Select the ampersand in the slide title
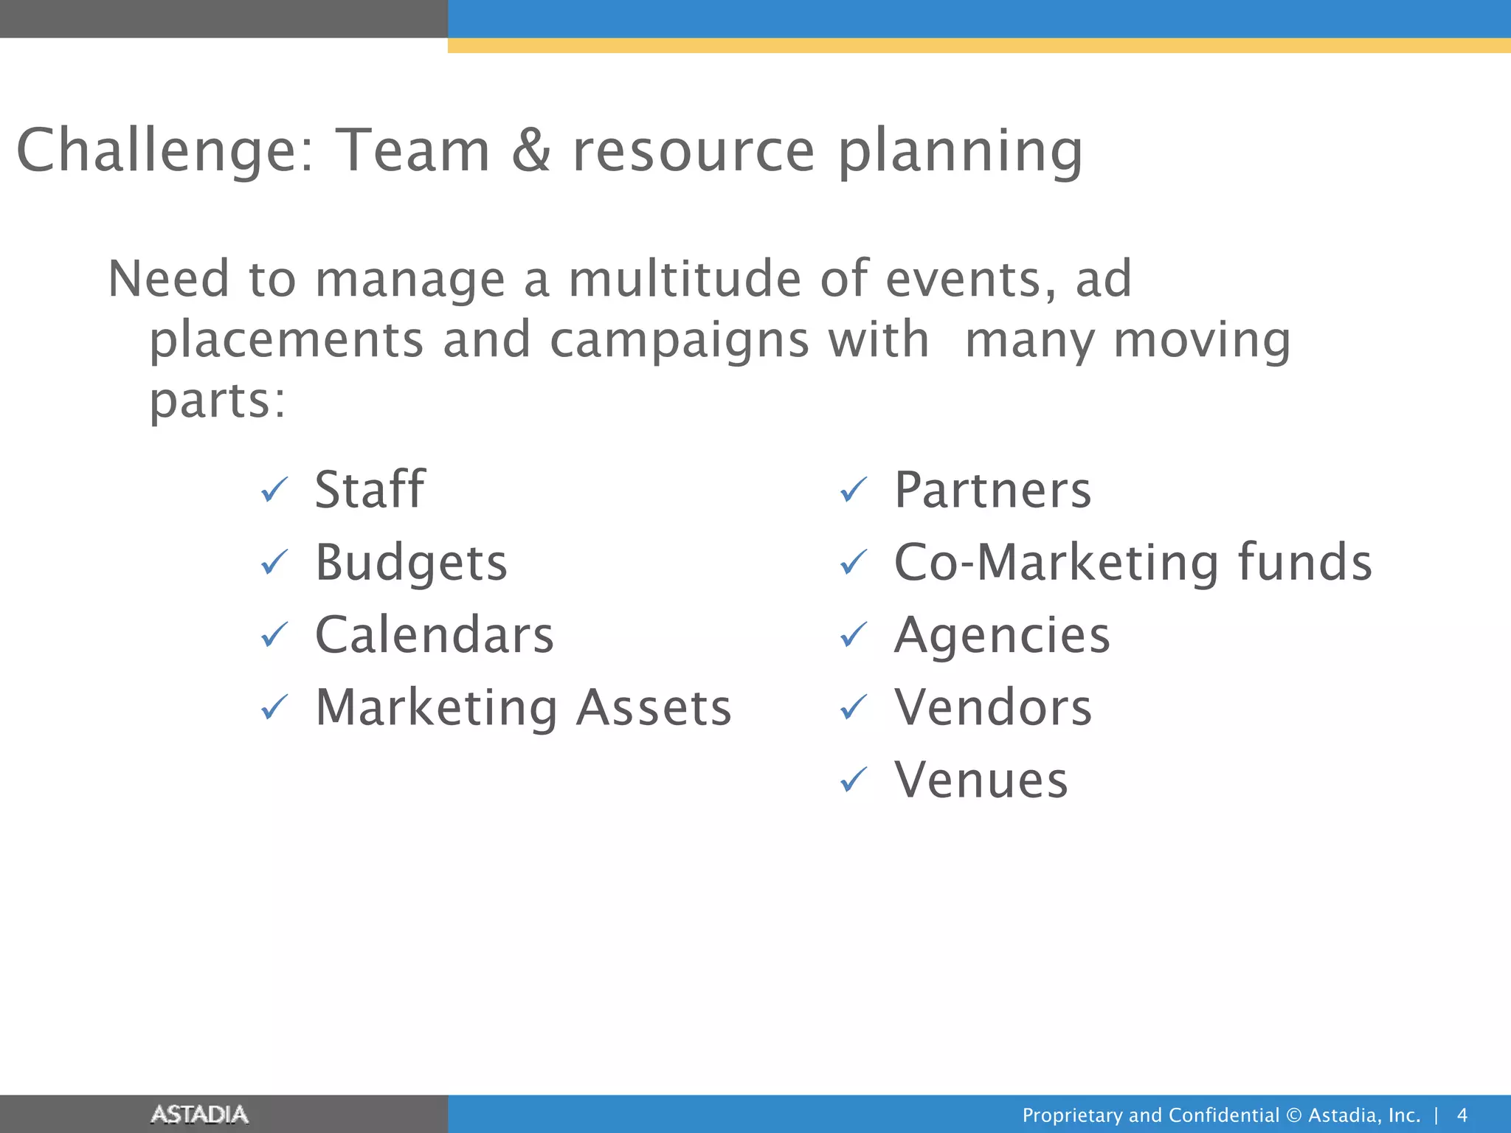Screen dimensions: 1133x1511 tap(531, 150)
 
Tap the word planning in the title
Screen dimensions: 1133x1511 tap(960, 152)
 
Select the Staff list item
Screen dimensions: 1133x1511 tap(370, 490)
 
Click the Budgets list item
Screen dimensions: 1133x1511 tap(411, 563)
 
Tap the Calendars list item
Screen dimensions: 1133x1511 tap(434, 635)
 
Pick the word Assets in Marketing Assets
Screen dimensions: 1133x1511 tap(654, 707)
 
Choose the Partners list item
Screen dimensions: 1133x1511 tap(992, 490)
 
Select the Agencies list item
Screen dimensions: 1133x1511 tap(1002, 635)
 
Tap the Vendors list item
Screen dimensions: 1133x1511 tap(993, 707)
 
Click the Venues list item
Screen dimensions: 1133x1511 tap(981, 780)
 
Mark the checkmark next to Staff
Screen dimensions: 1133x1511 tap(274, 490)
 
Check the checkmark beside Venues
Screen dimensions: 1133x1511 tap(854, 780)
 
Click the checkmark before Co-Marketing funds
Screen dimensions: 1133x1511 tap(854, 563)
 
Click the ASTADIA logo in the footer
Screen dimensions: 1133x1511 tap(199, 1114)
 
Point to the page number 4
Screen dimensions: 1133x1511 tap(1462, 1115)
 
